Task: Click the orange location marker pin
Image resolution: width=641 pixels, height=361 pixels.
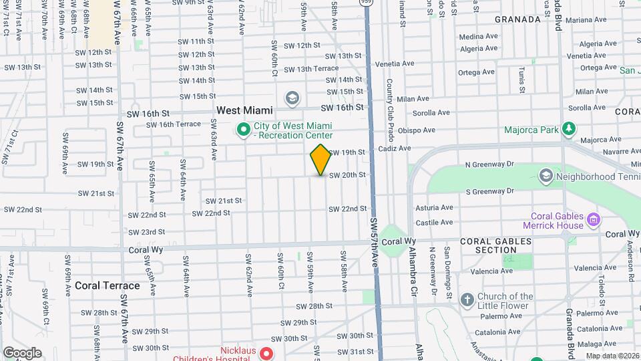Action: point(320,160)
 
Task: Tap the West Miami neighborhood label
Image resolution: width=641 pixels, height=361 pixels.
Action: point(244,110)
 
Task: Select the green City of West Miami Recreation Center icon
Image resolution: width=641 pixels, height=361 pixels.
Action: point(244,128)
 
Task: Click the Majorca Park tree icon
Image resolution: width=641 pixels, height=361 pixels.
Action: point(568,128)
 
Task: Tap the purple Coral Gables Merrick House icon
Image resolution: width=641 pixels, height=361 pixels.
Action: point(592,219)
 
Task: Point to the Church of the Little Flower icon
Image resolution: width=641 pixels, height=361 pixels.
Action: point(466,299)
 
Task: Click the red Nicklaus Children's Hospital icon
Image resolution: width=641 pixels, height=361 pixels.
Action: point(266,353)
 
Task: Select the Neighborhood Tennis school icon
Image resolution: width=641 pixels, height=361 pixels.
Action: point(546,176)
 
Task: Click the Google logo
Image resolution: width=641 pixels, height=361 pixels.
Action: point(22,352)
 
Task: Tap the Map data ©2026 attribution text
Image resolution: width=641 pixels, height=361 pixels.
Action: point(612,356)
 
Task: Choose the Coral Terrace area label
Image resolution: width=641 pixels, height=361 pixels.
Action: point(107,285)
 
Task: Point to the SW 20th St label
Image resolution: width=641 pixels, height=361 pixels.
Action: point(347,175)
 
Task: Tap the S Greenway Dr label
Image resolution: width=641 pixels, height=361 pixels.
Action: point(489,192)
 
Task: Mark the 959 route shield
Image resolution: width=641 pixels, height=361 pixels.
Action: point(367,3)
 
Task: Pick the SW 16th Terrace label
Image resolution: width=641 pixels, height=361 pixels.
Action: point(173,124)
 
